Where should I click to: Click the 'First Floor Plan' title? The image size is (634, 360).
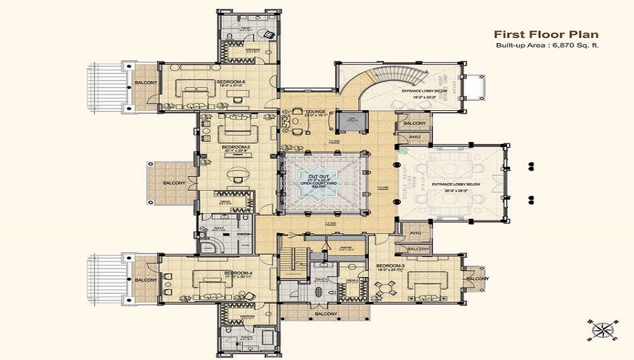coord(545,34)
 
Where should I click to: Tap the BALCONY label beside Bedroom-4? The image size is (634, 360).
coord(145,280)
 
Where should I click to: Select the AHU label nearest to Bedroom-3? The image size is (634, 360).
coord(416,233)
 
